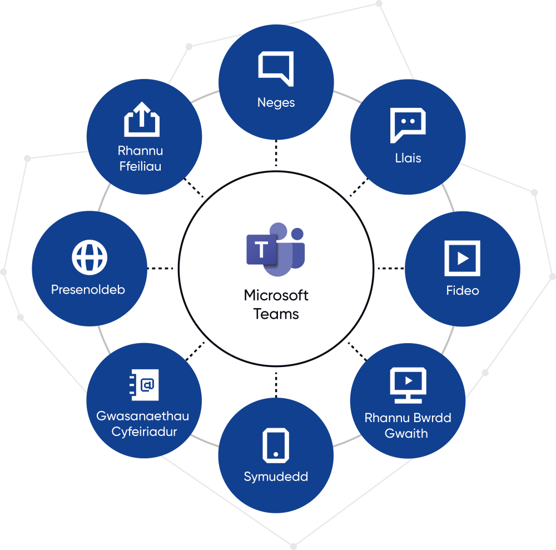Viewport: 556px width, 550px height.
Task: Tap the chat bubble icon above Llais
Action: pyautogui.click(x=408, y=125)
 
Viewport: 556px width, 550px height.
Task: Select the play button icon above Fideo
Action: pyautogui.click(x=462, y=258)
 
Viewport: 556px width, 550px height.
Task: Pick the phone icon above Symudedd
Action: pyautogui.click(x=276, y=445)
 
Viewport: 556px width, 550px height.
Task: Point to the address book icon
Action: pyautogui.click(x=144, y=385)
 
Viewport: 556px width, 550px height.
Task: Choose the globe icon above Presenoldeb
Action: pyautogui.click(x=90, y=257)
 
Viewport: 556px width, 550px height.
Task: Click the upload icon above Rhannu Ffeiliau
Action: pyautogui.click(x=141, y=119)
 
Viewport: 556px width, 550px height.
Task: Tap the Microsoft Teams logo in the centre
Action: pyautogui.click(x=276, y=250)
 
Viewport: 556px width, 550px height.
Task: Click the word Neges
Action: pyautogui.click(x=276, y=102)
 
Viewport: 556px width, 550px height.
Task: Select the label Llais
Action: pyautogui.click(x=408, y=158)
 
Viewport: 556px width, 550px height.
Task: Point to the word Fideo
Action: pyautogui.click(x=462, y=290)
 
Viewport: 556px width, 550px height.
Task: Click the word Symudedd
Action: pyautogui.click(x=276, y=477)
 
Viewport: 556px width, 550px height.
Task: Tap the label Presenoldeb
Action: pyautogui.click(x=88, y=290)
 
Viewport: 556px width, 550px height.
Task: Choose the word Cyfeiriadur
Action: pyautogui.click(x=144, y=432)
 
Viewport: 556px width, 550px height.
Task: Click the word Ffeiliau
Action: pyautogui.click(x=141, y=166)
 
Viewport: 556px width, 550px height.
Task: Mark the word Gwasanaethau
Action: pyautogui.click(x=143, y=416)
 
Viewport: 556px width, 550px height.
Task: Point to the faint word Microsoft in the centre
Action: pyautogui.click(x=276, y=296)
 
